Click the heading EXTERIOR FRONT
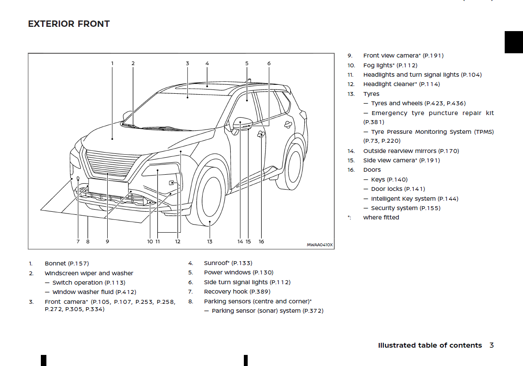pos(69,24)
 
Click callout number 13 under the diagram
pos(210,242)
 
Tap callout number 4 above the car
pos(207,63)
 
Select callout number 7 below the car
pos(78,242)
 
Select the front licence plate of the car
pos(108,186)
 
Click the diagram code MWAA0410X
pos(320,245)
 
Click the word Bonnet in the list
pos(55,264)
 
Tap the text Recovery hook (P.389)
pos(237,292)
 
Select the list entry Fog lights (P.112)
pos(390,65)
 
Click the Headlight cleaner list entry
pos(401,84)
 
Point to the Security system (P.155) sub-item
pos(406,208)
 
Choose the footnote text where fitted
pos(381,217)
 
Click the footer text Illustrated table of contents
pos(430,346)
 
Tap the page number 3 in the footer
pos(492,346)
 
